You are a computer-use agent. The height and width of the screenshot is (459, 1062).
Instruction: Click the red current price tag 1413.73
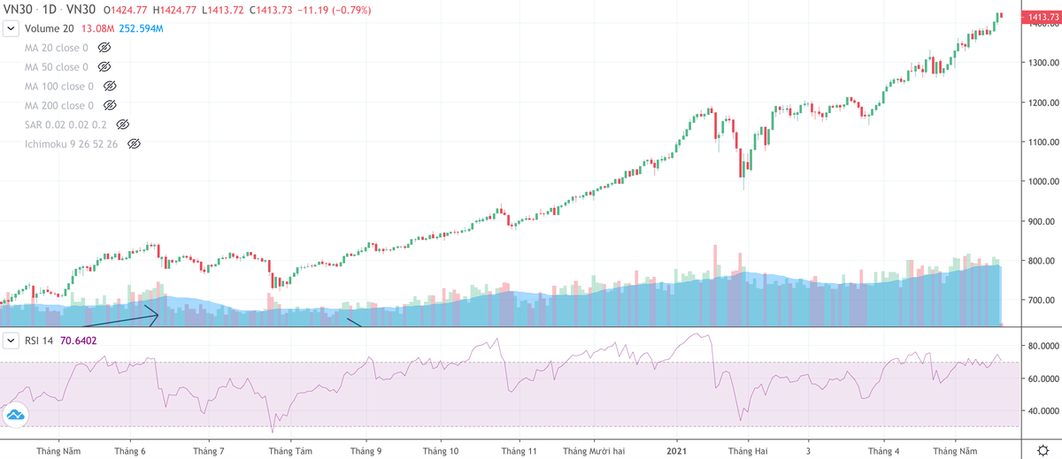point(1039,17)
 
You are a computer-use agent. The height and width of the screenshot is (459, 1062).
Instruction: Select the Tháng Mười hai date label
point(596,451)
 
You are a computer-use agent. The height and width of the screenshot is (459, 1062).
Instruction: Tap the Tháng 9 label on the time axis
point(366,451)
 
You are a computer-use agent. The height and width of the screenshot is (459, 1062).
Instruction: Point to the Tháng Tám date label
point(290,451)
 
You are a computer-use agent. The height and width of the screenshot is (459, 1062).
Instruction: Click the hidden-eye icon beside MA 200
point(111,105)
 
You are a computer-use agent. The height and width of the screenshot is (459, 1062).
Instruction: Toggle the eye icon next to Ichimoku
point(134,143)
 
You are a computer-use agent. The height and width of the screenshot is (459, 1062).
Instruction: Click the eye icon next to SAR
point(123,125)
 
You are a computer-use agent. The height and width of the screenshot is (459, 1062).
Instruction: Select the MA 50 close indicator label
point(56,67)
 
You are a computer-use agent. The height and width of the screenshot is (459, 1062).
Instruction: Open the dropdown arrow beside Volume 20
point(11,28)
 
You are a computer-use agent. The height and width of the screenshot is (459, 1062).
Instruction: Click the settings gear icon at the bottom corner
point(1043,451)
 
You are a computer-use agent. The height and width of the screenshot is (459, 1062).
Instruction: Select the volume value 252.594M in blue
point(142,28)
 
